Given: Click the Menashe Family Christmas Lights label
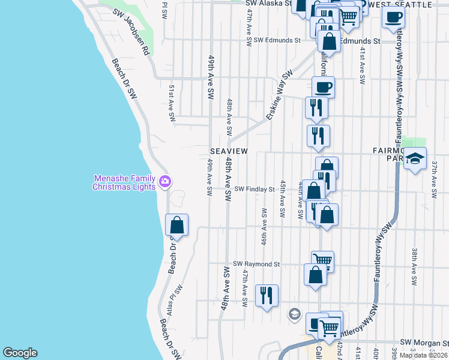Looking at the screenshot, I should pos(123,182).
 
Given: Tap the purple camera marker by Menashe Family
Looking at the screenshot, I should pos(165,180).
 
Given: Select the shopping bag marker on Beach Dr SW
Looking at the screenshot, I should pos(177,226).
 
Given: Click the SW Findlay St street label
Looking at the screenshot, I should pos(254,189).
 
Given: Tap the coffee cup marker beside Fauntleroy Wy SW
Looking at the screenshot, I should pos(394,17).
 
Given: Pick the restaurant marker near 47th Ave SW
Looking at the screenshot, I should pos(267,296).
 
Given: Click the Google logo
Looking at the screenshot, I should pos(20,353).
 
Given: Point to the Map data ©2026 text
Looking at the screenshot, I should pos(424,355).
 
